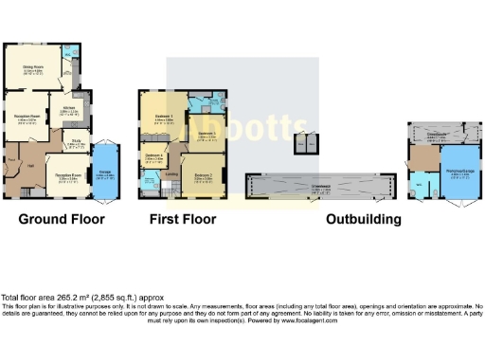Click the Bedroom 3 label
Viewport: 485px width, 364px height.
pos(208,135)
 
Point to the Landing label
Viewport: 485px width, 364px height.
pos(172,173)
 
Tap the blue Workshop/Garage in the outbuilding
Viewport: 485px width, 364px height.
pos(457,172)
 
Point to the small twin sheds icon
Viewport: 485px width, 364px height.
pos(305,144)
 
